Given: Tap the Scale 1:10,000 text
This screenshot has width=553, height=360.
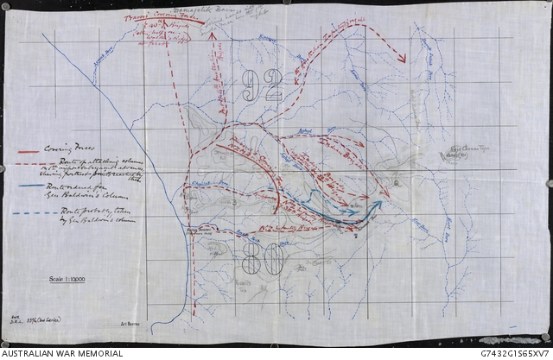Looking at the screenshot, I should click(72, 279).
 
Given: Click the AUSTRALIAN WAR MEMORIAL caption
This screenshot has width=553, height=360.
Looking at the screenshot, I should click(62, 353).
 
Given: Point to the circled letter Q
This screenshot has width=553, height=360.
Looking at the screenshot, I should click(396, 183).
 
